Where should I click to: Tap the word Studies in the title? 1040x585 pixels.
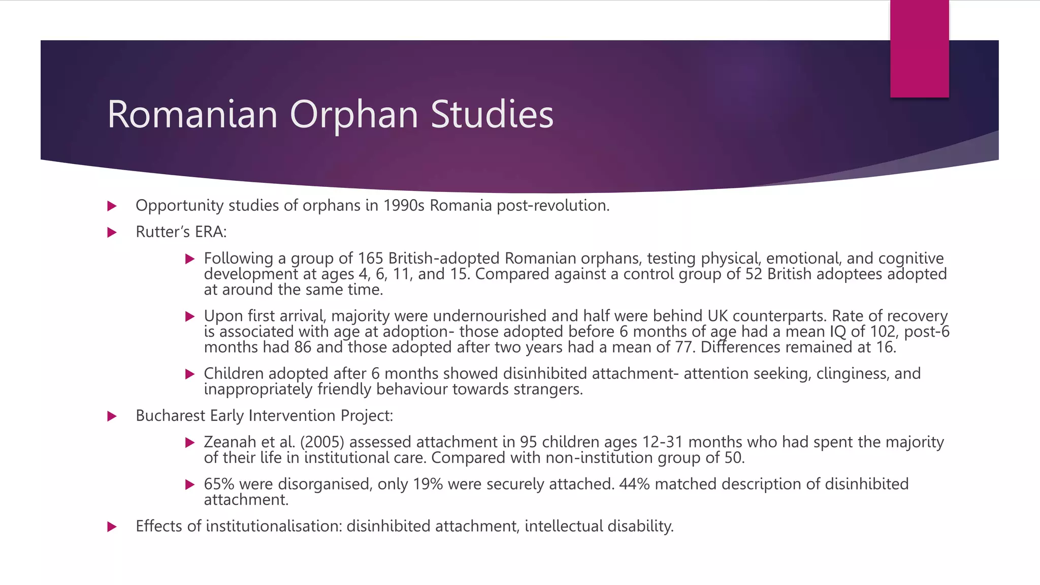pos(492,115)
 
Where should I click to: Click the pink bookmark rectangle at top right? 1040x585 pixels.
pos(919,49)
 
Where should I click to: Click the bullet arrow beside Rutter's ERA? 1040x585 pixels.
pos(112,233)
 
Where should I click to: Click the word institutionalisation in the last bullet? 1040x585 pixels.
pos(274,526)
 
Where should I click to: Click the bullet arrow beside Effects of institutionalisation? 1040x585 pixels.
pos(112,527)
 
